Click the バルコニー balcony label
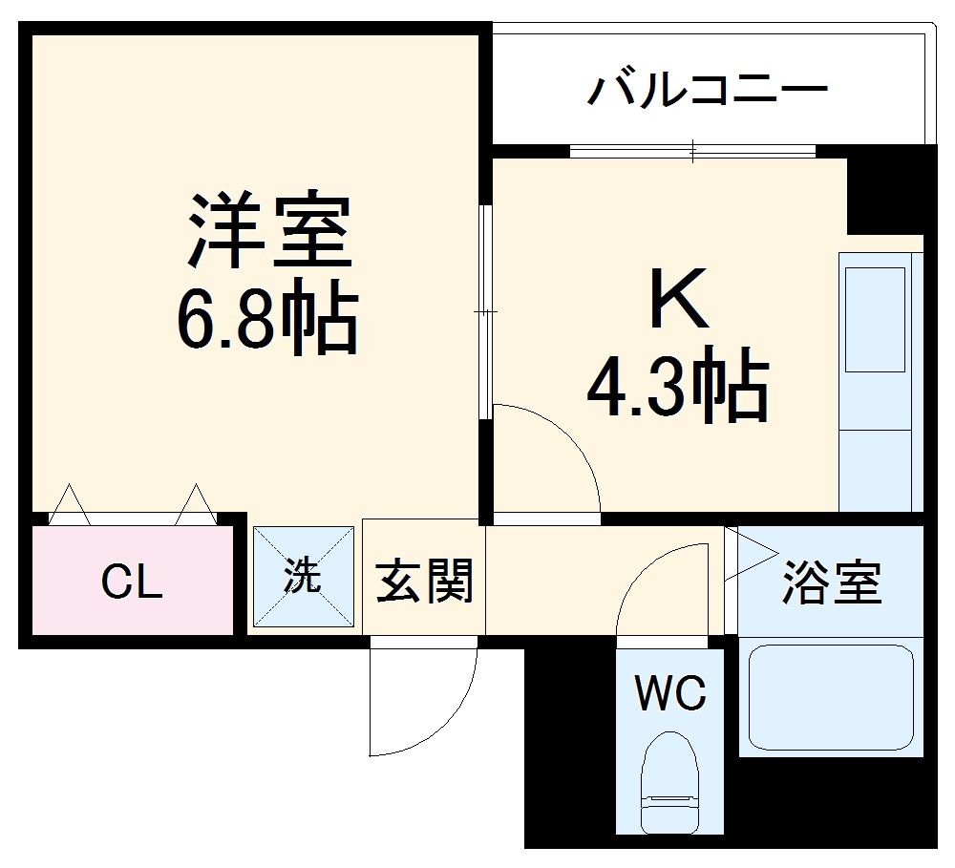coord(707,93)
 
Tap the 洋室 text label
coord(268,232)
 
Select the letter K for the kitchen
coord(679,302)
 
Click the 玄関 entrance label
coord(424,581)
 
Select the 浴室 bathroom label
coord(831,582)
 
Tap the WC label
coord(672,692)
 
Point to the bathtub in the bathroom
coord(831,697)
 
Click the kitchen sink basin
coord(872,319)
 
